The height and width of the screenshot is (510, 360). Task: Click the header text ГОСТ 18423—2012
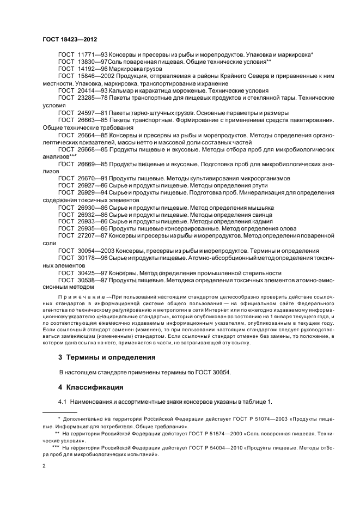coord(66,40)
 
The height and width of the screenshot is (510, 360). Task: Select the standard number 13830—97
coord(91,63)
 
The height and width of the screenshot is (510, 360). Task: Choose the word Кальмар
coord(121,90)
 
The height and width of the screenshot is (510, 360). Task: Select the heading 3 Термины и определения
coord(107,357)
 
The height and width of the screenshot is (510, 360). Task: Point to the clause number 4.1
coord(63,402)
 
